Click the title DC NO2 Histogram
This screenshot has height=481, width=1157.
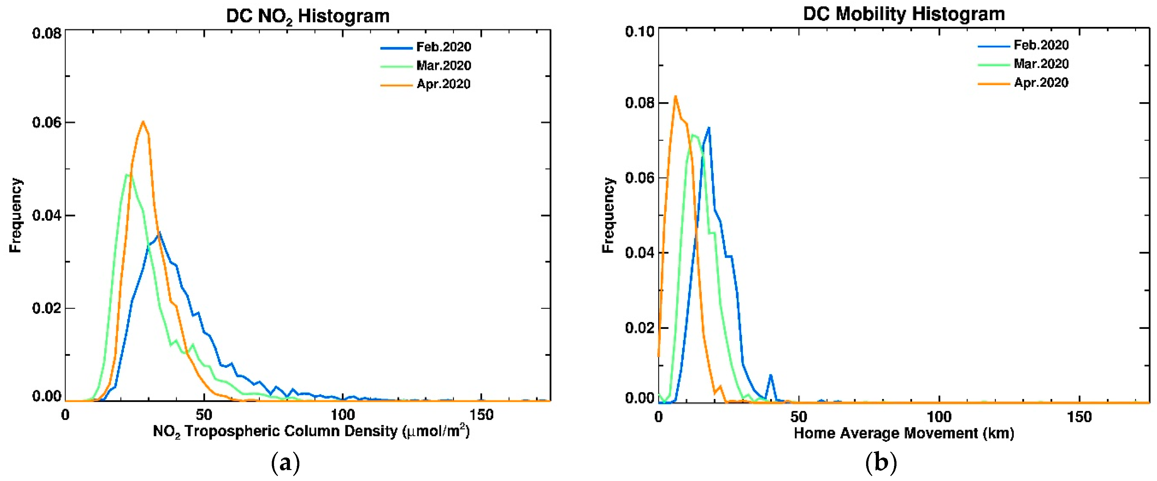tap(308, 16)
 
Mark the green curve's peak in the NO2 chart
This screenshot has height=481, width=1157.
tap(127, 174)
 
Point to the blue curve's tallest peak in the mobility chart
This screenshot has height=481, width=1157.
tap(709, 128)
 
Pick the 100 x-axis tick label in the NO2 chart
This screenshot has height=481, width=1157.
tap(343, 415)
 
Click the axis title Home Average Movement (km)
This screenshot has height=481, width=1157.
tap(904, 433)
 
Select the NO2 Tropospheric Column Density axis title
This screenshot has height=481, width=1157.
tap(311, 431)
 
